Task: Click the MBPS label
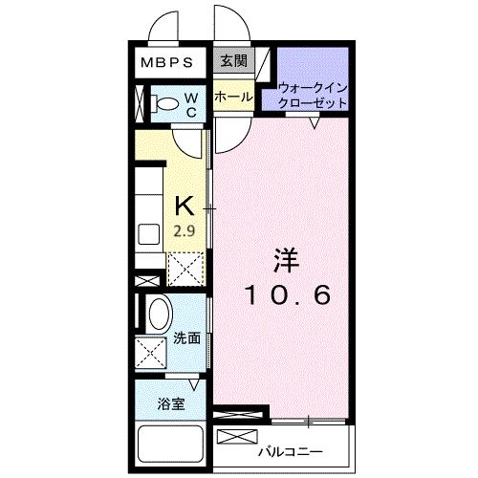pyautogui.click(x=168, y=63)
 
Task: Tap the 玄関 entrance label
pyautogui.click(x=232, y=62)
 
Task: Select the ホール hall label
pyautogui.click(x=233, y=97)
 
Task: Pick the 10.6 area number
pyautogui.click(x=288, y=295)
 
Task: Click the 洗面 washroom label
pyautogui.click(x=187, y=338)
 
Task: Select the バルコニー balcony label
pyautogui.click(x=291, y=450)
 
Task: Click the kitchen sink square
pyautogui.click(x=149, y=235)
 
